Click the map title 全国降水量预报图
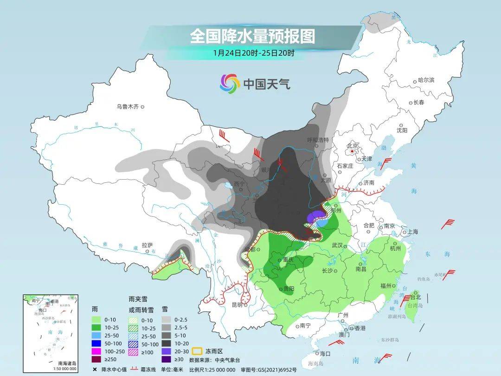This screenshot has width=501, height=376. [252, 36]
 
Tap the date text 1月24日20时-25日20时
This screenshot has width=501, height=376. [254, 53]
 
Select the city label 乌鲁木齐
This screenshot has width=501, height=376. [128, 107]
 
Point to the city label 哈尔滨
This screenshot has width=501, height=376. [426, 80]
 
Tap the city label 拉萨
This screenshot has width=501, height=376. [148, 245]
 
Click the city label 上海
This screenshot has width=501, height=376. [412, 232]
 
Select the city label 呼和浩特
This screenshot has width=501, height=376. [318, 140]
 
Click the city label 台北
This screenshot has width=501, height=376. [415, 297]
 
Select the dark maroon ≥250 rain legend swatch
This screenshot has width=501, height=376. [96, 359]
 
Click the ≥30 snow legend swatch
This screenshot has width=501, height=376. [166, 359]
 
